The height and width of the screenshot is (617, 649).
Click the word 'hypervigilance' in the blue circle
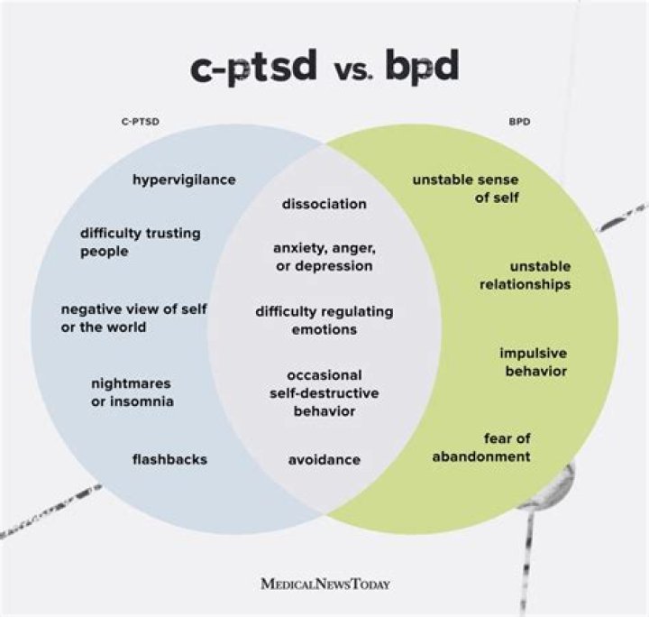coord(184,180)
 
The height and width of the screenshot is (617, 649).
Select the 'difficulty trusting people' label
coord(140,242)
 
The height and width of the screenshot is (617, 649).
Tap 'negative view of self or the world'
coord(133,318)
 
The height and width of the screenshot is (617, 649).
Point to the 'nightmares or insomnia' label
coord(133,391)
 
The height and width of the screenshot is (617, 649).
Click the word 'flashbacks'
coord(169,459)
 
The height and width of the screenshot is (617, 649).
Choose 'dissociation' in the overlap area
coord(324,204)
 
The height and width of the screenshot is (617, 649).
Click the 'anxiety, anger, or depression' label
coord(324,256)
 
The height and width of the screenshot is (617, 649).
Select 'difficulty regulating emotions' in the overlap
coord(324,320)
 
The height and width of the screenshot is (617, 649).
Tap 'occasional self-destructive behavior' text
coord(324,392)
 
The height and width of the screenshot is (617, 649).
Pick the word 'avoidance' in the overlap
coord(324,459)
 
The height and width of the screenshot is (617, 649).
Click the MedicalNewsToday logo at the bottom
coord(325,584)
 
